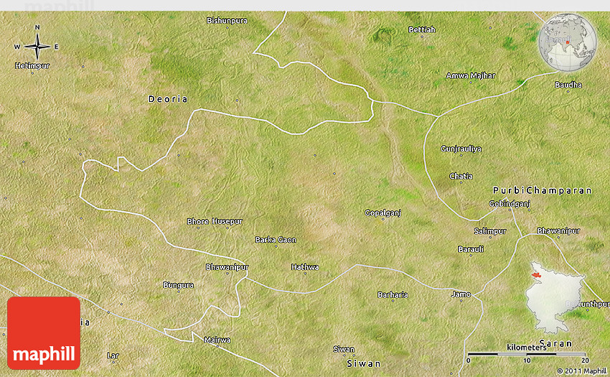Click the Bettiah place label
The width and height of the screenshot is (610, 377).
(x=421, y=29)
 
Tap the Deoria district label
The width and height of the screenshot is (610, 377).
(x=167, y=98)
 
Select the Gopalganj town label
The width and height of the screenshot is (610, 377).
(x=383, y=213)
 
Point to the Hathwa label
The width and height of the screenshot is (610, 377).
(x=305, y=267)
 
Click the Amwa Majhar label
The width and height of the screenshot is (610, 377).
(x=471, y=75)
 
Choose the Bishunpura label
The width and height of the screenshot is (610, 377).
(x=227, y=20)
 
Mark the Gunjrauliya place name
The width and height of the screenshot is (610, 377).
(x=461, y=148)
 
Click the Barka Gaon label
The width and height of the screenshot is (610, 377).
(x=276, y=240)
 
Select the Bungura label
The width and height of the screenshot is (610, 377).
(x=179, y=285)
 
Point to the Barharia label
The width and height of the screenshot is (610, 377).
(x=393, y=294)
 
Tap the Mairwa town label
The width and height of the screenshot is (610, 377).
(x=217, y=340)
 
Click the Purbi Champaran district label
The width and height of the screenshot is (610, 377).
(x=543, y=190)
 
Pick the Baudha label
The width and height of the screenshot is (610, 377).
(x=568, y=85)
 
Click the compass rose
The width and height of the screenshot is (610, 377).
(x=37, y=47)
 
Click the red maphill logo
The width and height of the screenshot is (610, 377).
(x=44, y=333)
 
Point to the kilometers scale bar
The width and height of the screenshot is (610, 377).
(x=527, y=353)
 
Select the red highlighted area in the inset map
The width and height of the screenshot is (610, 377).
(x=535, y=273)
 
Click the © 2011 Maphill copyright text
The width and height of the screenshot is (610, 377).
(x=581, y=371)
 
